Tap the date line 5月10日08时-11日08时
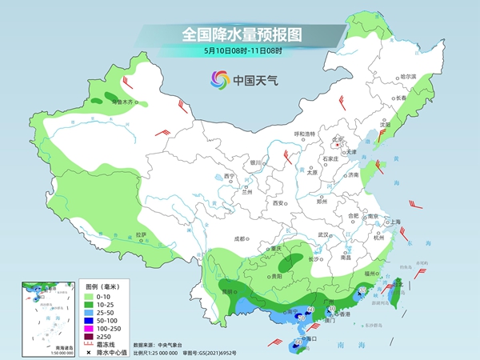pos(239,52)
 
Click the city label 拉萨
pos(141,234)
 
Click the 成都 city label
pos(242,238)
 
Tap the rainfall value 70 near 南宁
pos(300,318)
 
